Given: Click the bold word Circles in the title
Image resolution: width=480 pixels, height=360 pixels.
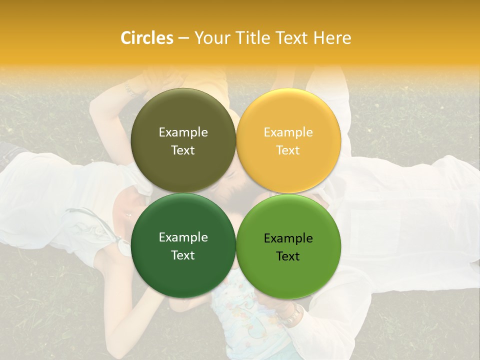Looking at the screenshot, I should [x=147, y=38].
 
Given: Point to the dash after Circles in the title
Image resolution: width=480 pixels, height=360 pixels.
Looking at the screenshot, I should [x=183, y=38].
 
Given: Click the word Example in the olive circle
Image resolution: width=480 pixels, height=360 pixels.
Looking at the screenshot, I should [x=183, y=132].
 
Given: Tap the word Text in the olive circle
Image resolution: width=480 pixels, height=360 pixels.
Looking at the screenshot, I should [x=183, y=150].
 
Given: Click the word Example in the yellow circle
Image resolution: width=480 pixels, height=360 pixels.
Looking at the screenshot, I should [x=288, y=132].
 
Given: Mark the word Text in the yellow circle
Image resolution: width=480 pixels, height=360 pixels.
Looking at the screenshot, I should [x=288, y=150].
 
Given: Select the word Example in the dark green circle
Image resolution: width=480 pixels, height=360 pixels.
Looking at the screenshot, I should [x=183, y=237].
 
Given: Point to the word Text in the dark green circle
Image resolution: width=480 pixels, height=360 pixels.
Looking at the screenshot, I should [x=183, y=255].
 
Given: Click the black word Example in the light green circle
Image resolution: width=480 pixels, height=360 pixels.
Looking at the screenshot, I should [x=288, y=238].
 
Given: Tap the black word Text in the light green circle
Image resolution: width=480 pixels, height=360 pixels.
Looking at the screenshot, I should [x=288, y=256].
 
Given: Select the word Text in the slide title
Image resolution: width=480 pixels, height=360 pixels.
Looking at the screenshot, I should [x=293, y=38].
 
